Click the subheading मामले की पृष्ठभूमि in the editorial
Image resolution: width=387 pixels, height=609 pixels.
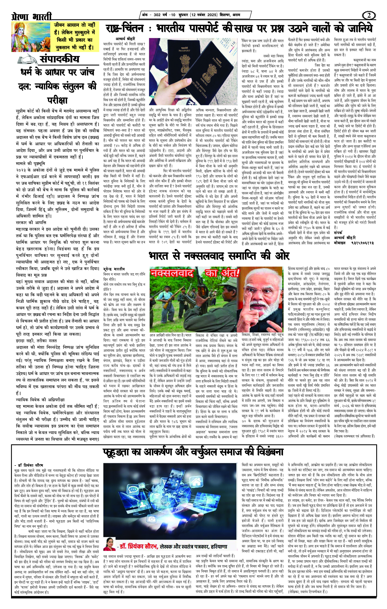pos(30,163)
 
